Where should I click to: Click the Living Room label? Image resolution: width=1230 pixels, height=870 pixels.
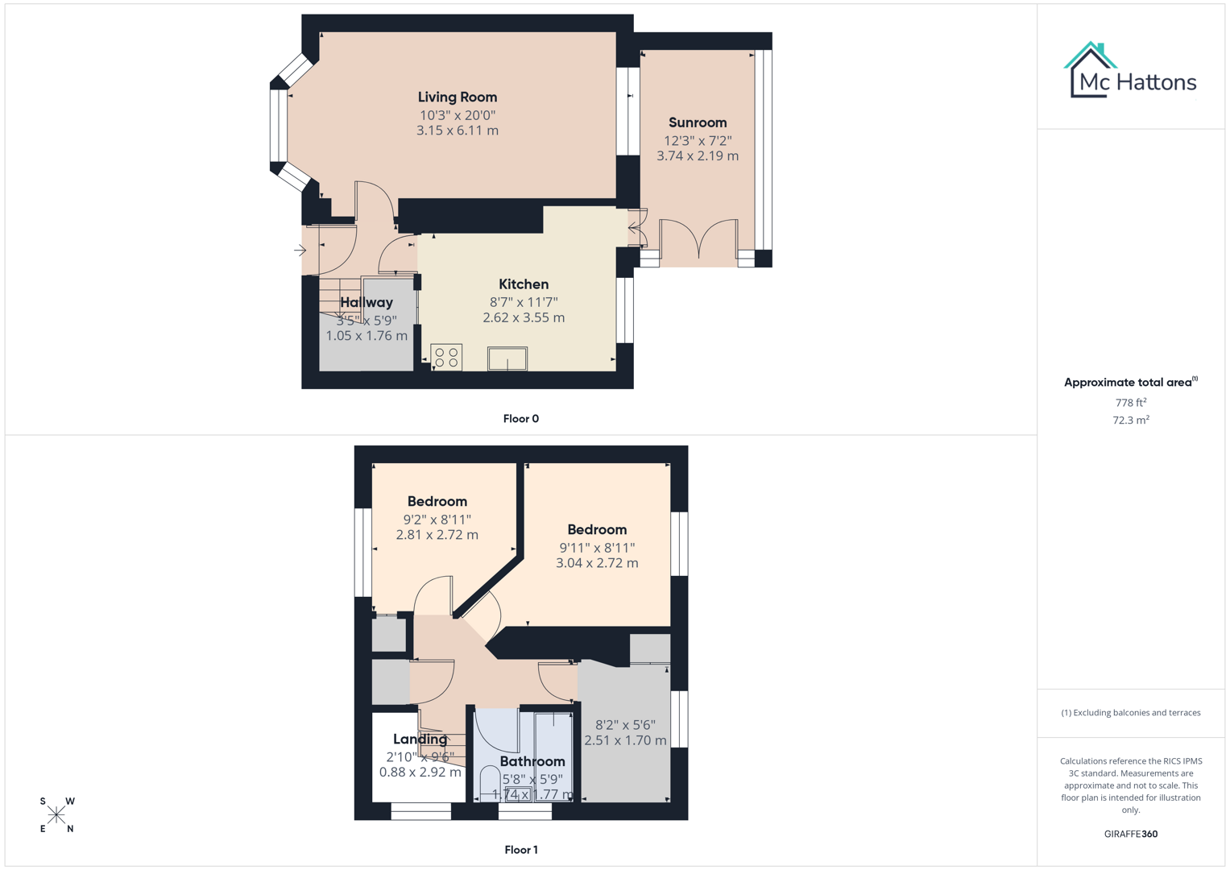click(457, 97)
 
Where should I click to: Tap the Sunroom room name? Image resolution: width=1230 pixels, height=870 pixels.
click(697, 122)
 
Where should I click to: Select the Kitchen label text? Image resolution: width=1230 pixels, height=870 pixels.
click(524, 284)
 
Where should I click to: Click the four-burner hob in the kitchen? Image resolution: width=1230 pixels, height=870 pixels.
click(446, 357)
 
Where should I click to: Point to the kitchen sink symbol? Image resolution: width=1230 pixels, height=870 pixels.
click(507, 358)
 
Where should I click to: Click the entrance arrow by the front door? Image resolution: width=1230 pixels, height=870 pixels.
click(300, 251)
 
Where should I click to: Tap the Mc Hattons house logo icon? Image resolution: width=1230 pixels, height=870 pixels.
click(1090, 69)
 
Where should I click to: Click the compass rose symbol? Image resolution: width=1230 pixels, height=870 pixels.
click(56, 814)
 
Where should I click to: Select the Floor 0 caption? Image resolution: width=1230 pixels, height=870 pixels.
click(520, 419)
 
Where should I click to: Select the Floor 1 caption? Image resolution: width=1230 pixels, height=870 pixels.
click(520, 850)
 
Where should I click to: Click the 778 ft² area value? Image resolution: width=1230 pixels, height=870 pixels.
click(1130, 403)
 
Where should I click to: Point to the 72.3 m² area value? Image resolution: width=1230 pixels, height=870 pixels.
click(1130, 420)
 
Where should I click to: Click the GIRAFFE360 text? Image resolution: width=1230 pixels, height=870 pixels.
click(1130, 834)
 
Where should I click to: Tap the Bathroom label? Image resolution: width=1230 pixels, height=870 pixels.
click(532, 761)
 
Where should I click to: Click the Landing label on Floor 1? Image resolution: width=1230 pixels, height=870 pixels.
click(420, 739)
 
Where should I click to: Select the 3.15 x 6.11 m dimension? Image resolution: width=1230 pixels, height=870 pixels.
click(457, 130)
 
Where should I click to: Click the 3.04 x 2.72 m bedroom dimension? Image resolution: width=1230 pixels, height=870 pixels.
click(597, 563)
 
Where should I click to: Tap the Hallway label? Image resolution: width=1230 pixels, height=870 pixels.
click(367, 303)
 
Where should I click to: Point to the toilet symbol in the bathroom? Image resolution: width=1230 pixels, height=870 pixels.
click(490, 782)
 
